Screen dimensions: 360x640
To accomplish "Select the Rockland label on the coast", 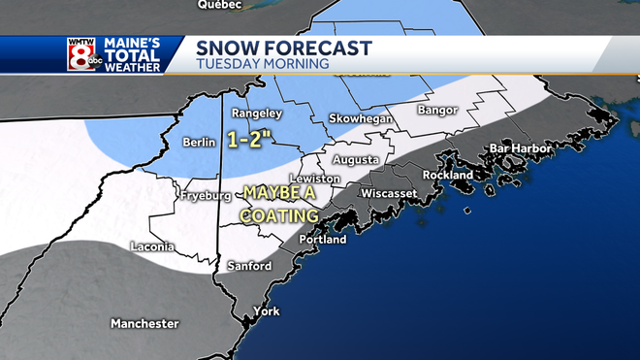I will point(449,175).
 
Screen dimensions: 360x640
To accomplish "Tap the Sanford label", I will point(249,265).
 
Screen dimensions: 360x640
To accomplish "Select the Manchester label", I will point(144,323).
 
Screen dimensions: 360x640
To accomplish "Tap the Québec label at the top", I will point(218,5).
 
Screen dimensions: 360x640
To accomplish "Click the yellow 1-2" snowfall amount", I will point(250,138).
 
